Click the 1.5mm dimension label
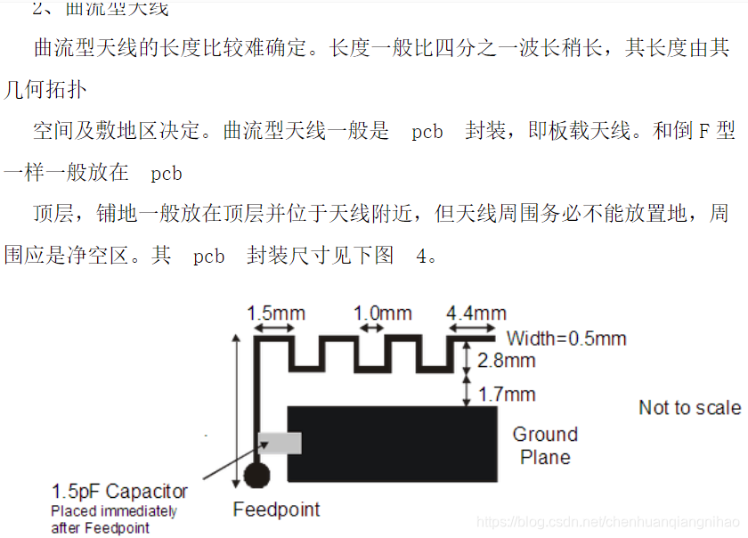point(275,313)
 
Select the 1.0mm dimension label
point(383,313)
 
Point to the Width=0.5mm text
point(566,338)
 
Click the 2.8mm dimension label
point(506,361)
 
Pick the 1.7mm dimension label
point(506,394)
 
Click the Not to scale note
point(689,408)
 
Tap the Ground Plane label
point(545,445)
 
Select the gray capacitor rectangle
point(280,443)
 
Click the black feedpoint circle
point(256,474)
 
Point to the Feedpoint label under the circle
point(276,509)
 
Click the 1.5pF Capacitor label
point(119,491)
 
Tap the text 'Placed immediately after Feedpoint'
point(113,519)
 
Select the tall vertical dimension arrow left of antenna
point(237,410)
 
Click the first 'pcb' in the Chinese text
point(427,132)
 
